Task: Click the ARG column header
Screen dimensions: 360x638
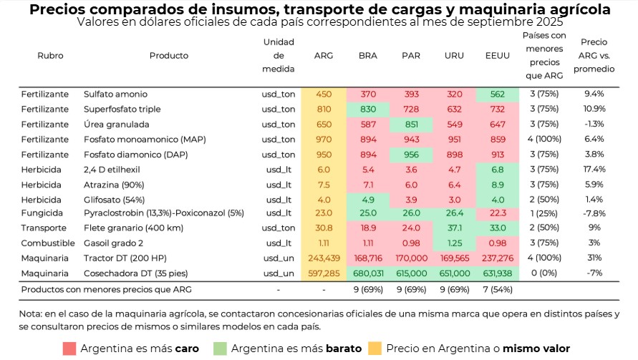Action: pyautogui.click(x=324, y=55)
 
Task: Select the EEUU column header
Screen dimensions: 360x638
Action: pyautogui.click(x=497, y=55)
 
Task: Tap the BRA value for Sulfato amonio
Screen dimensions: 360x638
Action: pyautogui.click(x=368, y=94)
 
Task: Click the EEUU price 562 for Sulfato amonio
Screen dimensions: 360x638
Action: pyautogui.click(x=497, y=94)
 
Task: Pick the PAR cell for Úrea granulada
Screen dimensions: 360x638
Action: pyautogui.click(x=411, y=123)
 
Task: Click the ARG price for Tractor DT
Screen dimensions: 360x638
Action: pyautogui.click(x=324, y=258)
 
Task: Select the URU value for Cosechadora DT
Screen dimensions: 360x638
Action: pyautogui.click(x=454, y=273)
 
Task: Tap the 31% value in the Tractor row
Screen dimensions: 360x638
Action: pyautogui.click(x=594, y=258)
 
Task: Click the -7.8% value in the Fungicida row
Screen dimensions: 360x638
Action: pyautogui.click(x=594, y=213)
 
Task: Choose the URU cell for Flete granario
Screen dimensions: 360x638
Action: pyautogui.click(x=454, y=228)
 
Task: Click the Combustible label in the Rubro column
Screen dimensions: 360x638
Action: pyautogui.click(x=45, y=243)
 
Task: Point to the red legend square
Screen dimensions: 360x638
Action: pyautogui.click(x=70, y=349)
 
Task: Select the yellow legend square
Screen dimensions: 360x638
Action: pyautogui.click(x=374, y=349)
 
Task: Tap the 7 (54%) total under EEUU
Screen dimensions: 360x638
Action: pyautogui.click(x=497, y=289)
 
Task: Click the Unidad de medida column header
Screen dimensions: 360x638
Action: pyautogui.click(x=279, y=55)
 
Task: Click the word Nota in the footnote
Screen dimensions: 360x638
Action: pyautogui.click(x=32, y=313)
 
